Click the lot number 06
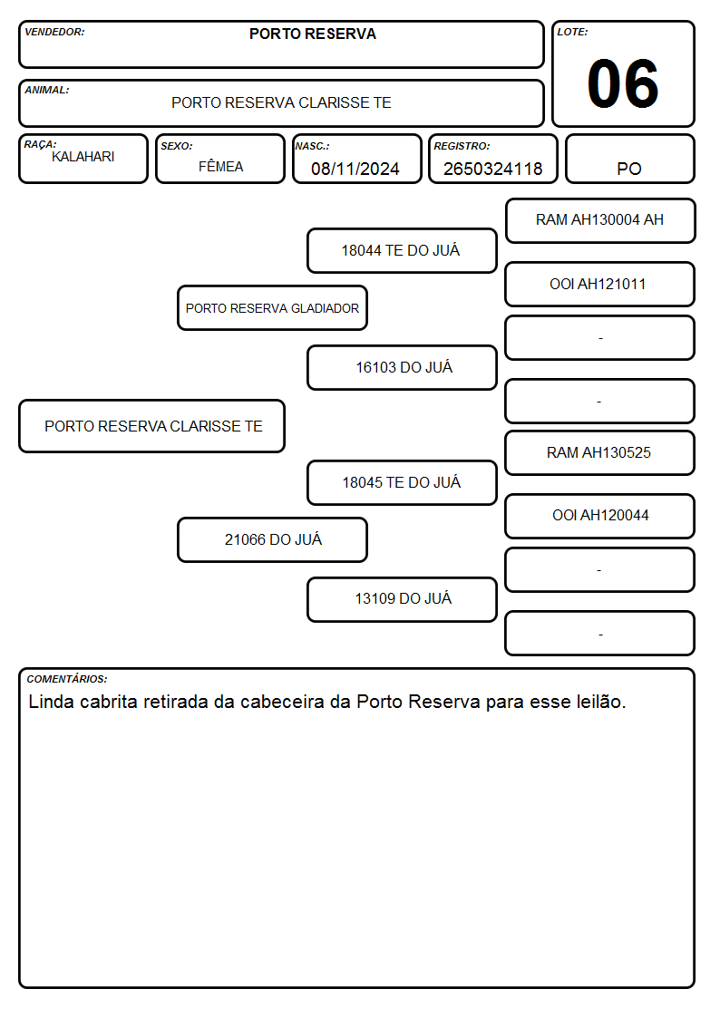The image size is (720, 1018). coord(623,83)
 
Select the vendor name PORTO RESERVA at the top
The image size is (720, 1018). coord(312,34)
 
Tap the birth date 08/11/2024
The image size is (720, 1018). coord(355,169)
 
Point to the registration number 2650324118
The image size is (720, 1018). coord(492,169)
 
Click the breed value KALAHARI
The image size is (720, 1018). coord(83,157)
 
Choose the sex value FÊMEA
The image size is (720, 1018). coord(220,166)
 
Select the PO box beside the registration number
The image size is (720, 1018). coord(629,159)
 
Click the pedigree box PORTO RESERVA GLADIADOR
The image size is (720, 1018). coord(272,307)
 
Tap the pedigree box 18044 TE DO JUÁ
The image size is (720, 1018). coord(402,250)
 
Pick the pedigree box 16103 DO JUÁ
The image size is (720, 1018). coord(402,367)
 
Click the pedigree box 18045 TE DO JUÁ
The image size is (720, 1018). coord(402,482)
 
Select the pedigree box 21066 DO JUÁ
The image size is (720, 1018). coord(272,539)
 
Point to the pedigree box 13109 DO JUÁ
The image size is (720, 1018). coord(402,599)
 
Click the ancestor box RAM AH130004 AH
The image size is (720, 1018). coord(600,221)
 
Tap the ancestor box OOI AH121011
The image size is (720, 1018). coord(600,284)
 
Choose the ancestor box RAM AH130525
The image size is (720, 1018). coord(600,452)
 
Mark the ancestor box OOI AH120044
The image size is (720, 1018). coord(600,516)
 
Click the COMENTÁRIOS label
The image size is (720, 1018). coord(67,679)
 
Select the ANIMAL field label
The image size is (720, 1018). coord(47,91)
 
